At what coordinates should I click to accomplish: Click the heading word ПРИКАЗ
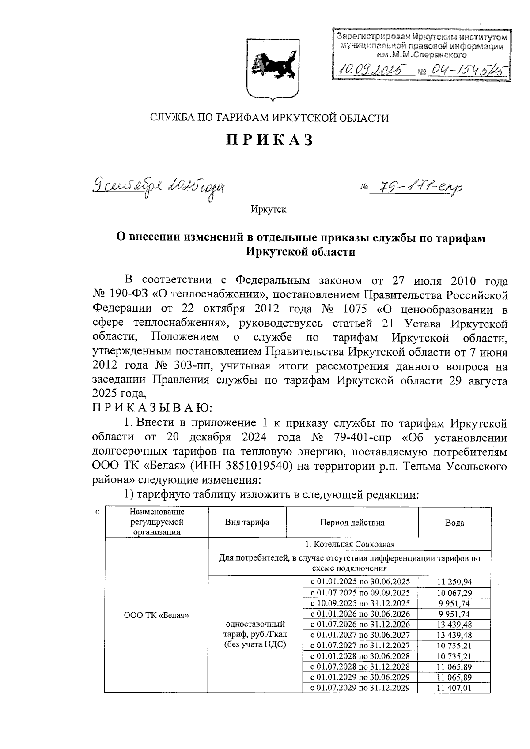pos(270,140)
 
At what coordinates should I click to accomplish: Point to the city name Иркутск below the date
pos(269,209)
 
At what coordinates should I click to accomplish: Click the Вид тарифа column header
pos(247,523)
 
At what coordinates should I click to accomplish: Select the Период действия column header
pos(352,523)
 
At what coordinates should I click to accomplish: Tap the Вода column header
pos(454,523)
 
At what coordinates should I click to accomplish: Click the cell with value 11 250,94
pos(454,582)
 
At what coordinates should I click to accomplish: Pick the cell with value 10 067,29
pos(454,592)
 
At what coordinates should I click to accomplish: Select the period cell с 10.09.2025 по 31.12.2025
pos(360,603)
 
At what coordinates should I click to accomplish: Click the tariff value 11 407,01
pos(454,688)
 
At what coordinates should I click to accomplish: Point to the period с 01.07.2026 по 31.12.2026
pos(360,624)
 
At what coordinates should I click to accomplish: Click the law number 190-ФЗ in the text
pos(129,295)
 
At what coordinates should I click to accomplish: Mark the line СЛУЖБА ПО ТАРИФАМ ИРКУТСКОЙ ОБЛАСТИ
pos(270,118)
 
